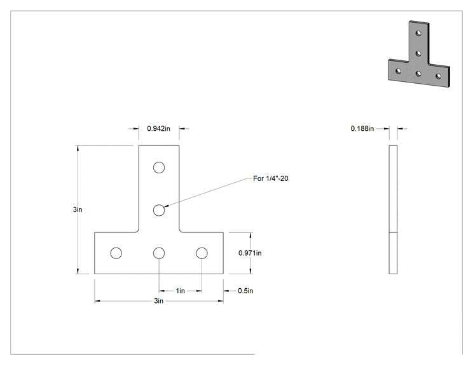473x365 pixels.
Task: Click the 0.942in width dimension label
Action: pyautogui.click(x=158, y=129)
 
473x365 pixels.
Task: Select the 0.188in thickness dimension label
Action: pyautogui.click(x=362, y=129)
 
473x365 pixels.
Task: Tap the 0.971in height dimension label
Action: pyautogui.click(x=250, y=253)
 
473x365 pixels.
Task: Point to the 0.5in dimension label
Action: pyautogui.click(x=245, y=291)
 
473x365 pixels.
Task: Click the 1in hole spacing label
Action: pyautogui.click(x=180, y=291)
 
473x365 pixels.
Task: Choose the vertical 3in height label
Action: pyautogui.click(x=78, y=209)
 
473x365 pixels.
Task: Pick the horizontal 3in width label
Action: pyautogui.click(x=159, y=301)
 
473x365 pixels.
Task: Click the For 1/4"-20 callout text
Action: pyautogui.click(x=271, y=178)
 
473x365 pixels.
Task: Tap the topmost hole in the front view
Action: pyautogui.click(x=159, y=168)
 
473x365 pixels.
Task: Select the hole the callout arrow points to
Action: pyautogui.click(x=159, y=210)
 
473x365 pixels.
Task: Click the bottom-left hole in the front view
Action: pyautogui.click(x=116, y=253)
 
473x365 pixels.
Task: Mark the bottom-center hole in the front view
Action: pyautogui.click(x=159, y=253)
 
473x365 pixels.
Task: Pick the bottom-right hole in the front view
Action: pyautogui.click(x=202, y=253)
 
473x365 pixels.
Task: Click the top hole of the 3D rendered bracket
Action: pyautogui.click(x=418, y=33)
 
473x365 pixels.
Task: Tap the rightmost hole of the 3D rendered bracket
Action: pyautogui.click(x=439, y=76)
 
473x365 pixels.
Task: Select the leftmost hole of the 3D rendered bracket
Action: pyautogui.click(x=398, y=71)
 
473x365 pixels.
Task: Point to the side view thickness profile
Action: pyautogui.click(x=393, y=209)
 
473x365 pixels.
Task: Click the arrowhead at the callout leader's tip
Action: pyautogui.click(x=165, y=206)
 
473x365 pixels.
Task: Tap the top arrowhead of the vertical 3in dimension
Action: pyautogui.click(x=78, y=148)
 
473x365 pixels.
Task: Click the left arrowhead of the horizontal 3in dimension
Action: pyautogui.click(x=97, y=301)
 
